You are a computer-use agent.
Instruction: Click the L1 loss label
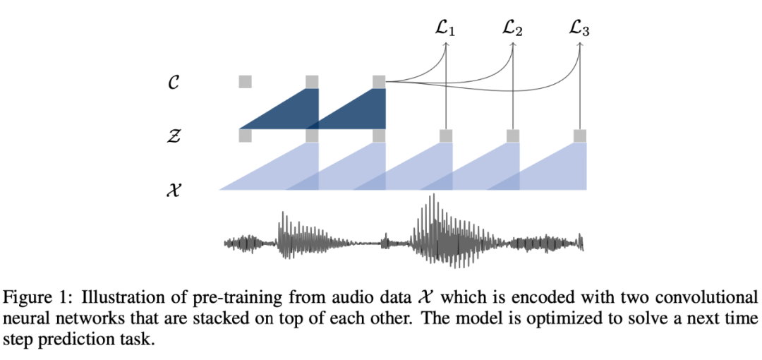tap(446, 30)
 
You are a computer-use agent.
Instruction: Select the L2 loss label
tap(512, 30)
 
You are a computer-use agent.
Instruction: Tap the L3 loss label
tap(579, 30)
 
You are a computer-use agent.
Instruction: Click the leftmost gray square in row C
tap(245, 81)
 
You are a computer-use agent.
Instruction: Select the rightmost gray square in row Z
tap(580, 136)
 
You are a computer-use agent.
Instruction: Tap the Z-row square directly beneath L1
tap(446, 136)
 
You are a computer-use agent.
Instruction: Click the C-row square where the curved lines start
tap(379, 81)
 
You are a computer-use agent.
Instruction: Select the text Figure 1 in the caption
tap(32, 296)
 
